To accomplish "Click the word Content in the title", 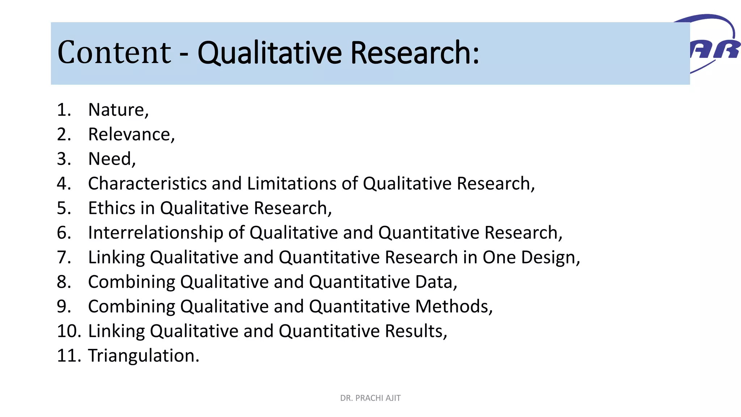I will click(x=114, y=52).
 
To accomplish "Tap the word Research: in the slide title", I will click(x=415, y=53).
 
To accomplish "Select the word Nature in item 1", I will click(x=117, y=110).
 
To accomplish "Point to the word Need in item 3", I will click(x=110, y=159).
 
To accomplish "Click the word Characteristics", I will click(x=147, y=184).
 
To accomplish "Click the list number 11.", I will click(x=69, y=356).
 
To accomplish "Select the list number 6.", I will click(x=64, y=233).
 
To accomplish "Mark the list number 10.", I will click(x=69, y=331).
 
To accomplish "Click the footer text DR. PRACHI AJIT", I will click(x=370, y=398).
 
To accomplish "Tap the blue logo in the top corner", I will click(x=715, y=43).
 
